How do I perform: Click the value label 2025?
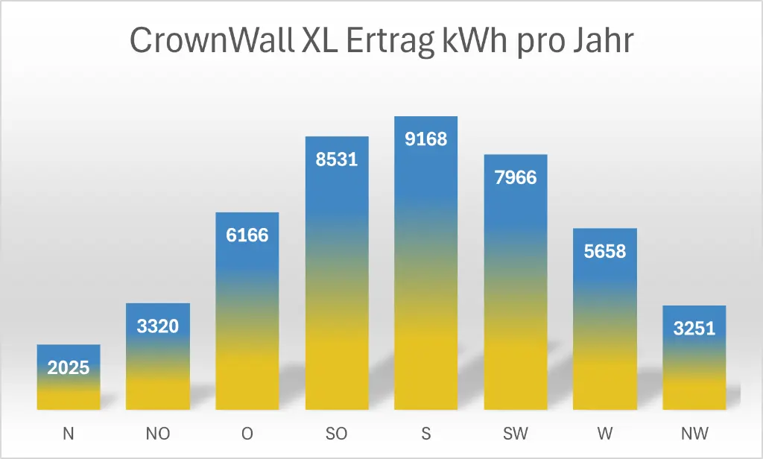tap(69, 367)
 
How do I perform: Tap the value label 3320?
tap(158, 326)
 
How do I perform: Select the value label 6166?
tap(247, 235)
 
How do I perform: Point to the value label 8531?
tap(337, 159)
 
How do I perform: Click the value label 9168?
tap(426, 139)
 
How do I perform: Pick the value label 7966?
tap(516, 178)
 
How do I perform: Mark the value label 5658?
tap(605, 251)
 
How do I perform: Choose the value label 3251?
tap(694, 329)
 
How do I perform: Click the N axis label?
tap(69, 434)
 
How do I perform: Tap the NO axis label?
tap(158, 434)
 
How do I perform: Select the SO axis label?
tap(337, 434)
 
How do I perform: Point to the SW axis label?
tap(516, 434)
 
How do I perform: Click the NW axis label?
tap(694, 434)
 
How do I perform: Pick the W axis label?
tap(605, 434)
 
